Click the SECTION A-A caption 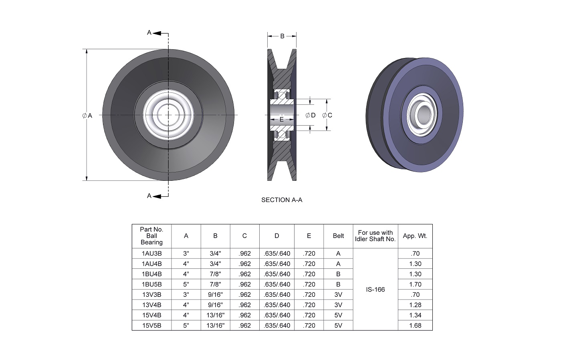point(282,200)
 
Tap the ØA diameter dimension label point(87,116)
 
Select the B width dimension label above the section point(282,36)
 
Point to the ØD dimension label point(311,115)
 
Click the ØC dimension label point(327,115)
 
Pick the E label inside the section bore point(282,119)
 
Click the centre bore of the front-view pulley point(168,115)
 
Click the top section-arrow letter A point(149,33)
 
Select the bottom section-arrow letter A point(149,196)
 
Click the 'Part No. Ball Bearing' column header point(151,236)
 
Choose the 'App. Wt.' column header point(415,236)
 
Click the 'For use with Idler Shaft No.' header point(375,236)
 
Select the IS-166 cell point(375,289)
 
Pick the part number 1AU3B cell point(151,254)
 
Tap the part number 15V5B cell point(151,326)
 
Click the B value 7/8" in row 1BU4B point(215,274)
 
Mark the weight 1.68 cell point(415,326)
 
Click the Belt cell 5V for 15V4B point(338,315)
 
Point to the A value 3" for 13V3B point(186,295)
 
